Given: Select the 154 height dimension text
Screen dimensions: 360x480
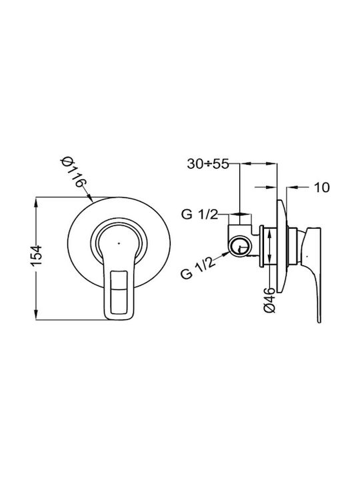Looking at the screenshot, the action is point(36,255).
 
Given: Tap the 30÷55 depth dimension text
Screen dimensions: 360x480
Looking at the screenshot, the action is point(208,165).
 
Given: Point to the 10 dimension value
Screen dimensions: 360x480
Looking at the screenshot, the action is point(322,187).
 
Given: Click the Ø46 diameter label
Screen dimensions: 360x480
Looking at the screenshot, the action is point(270,300).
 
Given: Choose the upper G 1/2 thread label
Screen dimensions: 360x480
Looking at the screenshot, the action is point(199,215).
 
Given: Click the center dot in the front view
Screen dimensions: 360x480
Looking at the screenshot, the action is point(119,244).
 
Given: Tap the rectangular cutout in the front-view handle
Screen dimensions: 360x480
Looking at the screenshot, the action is point(119,292).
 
